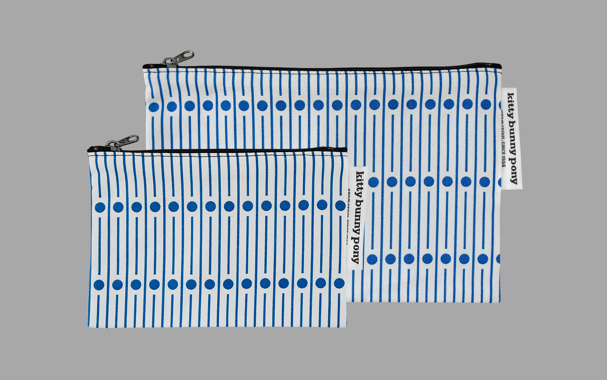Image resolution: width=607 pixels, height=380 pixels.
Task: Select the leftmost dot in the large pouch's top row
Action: (x=154, y=107)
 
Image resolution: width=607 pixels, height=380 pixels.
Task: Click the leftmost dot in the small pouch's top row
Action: (x=100, y=207)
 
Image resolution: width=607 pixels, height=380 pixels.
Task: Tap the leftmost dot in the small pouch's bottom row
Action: (x=99, y=285)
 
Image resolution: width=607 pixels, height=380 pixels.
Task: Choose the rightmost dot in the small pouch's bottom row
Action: (x=339, y=283)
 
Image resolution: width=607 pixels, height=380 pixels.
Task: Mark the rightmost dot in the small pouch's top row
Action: (x=340, y=206)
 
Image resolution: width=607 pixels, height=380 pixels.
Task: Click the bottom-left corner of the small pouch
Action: (x=89, y=326)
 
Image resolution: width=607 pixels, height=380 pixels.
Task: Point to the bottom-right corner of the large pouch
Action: (x=499, y=302)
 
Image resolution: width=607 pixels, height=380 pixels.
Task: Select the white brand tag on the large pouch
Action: (x=512, y=139)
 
